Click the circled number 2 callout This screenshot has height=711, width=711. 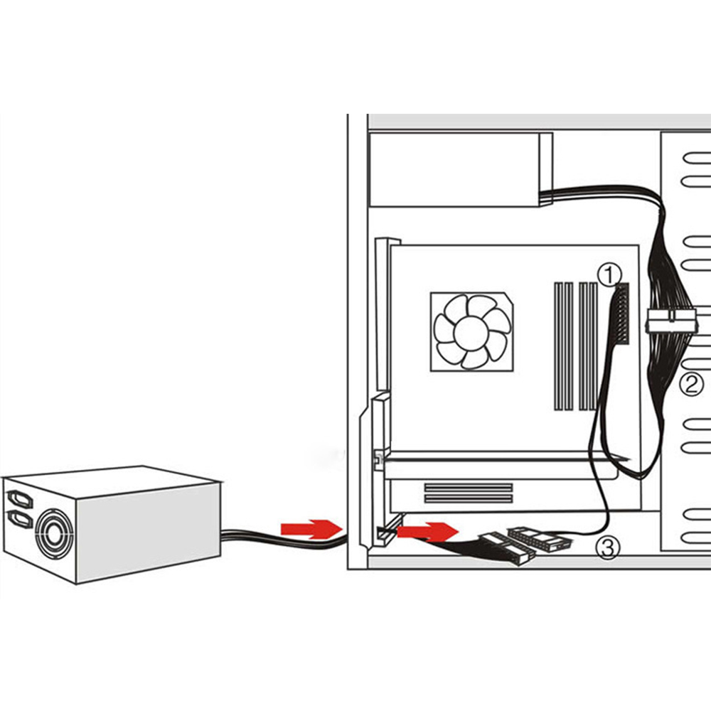click(x=692, y=384)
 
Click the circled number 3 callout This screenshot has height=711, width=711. click(x=608, y=547)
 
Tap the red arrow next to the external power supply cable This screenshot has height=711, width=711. click(x=311, y=529)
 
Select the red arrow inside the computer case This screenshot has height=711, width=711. click(x=428, y=531)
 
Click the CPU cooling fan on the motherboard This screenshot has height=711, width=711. click(x=471, y=331)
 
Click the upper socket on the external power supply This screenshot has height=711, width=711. click(x=19, y=499)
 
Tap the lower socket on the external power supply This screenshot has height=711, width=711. click(x=20, y=519)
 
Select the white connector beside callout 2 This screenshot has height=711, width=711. click(x=670, y=321)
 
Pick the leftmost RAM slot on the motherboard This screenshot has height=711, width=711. click(x=558, y=346)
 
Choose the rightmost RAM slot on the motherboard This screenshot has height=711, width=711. click(x=594, y=346)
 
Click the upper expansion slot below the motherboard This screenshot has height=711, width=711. click(x=469, y=488)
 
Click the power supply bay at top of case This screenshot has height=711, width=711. click(x=461, y=169)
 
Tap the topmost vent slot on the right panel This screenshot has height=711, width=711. click(x=697, y=159)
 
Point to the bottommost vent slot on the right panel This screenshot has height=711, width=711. click(x=697, y=538)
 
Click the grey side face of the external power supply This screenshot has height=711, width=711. click(x=149, y=532)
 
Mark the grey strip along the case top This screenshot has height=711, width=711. click(x=539, y=121)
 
